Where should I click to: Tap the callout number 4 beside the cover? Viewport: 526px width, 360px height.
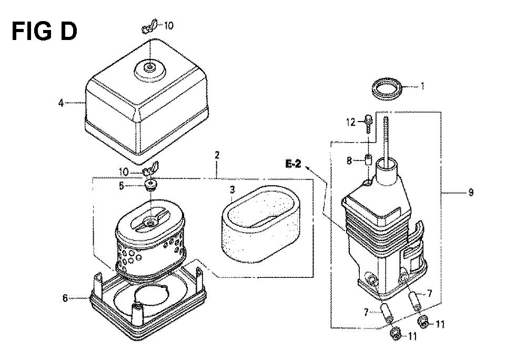(x=60, y=103)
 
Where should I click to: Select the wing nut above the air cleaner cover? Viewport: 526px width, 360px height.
(x=149, y=26)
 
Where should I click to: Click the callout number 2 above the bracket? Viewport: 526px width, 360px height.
(x=217, y=155)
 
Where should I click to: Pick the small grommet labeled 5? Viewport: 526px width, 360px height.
(x=151, y=185)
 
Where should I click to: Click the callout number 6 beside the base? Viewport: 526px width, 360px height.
(x=65, y=297)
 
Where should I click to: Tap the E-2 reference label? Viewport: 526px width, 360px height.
(x=293, y=164)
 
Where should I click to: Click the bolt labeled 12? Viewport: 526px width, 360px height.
(x=368, y=124)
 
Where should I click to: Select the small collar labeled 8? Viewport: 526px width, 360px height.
(x=368, y=159)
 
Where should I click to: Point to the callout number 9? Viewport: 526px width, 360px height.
(x=471, y=193)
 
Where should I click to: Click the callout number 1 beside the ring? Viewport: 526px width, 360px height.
(x=422, y=86)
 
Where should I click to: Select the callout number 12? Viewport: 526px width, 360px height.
(x=351, y=122)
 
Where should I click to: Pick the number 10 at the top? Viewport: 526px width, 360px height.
(x=169, y=25)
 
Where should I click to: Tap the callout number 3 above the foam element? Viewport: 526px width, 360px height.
(x=232, y=190)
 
